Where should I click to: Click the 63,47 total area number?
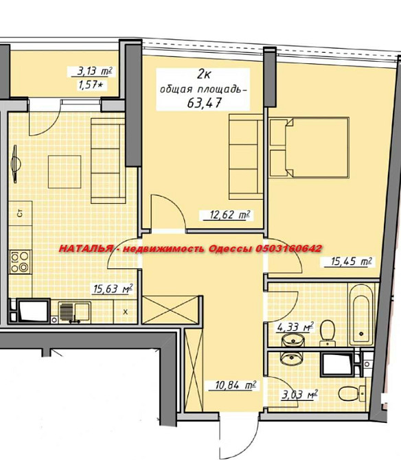click(204, 103)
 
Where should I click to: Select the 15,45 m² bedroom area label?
click(351, 262)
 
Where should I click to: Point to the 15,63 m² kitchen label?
click(113, 288)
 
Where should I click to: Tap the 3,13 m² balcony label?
click(95, 71)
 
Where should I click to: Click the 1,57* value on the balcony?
click(91, 85)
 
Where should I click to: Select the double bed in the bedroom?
click(309, 148)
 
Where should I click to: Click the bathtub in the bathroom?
click(361, 314)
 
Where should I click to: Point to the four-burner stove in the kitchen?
click(20, 262)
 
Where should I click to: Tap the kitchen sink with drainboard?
click(75, 312)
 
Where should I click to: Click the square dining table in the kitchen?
click(65, 172)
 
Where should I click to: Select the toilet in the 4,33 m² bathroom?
click(328, 333)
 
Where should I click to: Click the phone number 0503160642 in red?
click(288, 249)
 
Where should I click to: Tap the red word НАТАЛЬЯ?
click(85, 249)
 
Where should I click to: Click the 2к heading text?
click(203, 75)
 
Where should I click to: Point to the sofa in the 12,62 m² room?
click(246, 157)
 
